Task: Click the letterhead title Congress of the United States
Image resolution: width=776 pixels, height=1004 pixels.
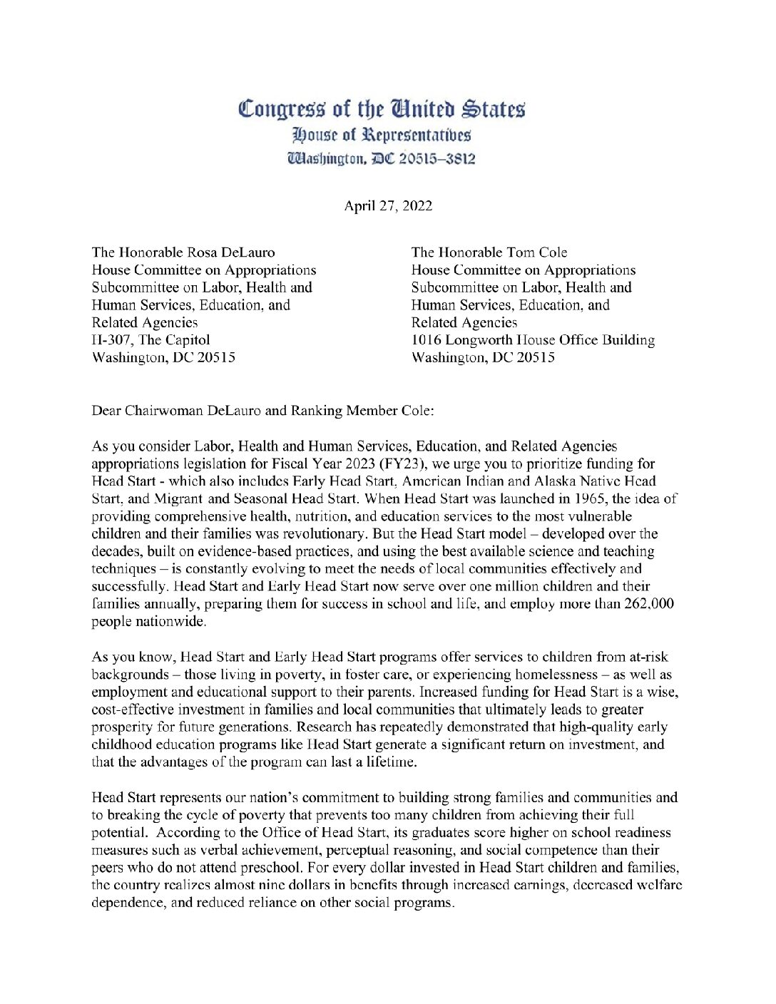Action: [382, 109]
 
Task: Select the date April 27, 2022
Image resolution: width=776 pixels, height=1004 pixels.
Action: [388, 206]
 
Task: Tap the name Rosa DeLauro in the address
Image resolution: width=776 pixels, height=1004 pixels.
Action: [230, 252]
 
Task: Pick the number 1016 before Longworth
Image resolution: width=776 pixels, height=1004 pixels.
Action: [427, 340]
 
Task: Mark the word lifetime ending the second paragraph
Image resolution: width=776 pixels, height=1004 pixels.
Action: [392, 762]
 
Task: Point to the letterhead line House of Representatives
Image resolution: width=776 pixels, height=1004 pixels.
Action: [382, 135]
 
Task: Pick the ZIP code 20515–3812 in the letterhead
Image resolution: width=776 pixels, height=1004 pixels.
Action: [436, 158]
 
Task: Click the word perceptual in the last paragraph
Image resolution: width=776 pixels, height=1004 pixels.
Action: [358, 850]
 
